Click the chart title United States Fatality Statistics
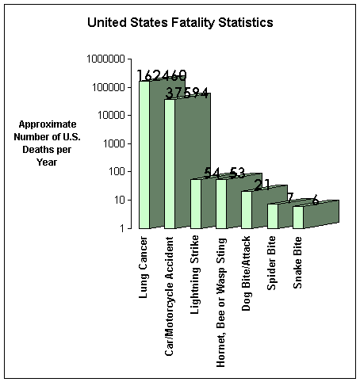(x=180, y=22)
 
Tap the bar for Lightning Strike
(x=196, y=204)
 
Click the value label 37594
(x=186, y=94)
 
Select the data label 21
(x=262, y=185)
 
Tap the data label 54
(x=212, y=173)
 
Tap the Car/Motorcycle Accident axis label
(x=170, y=296)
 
